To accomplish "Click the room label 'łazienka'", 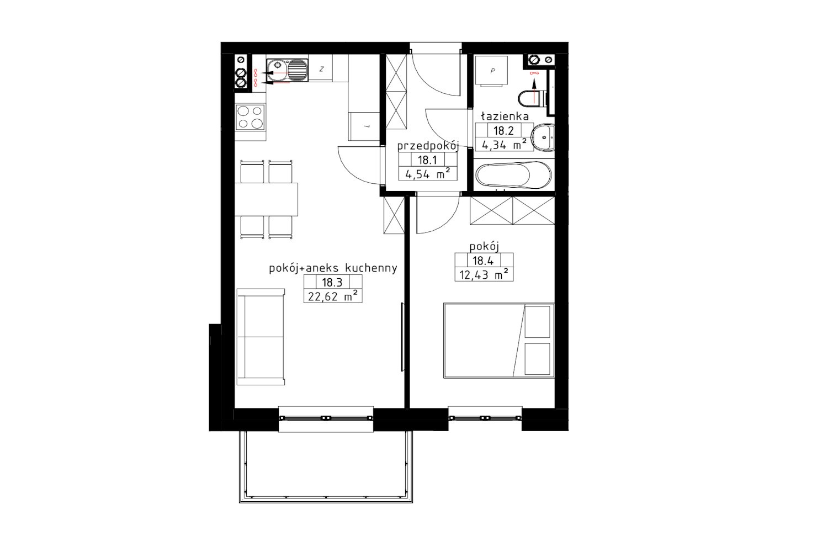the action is pyautogui.click(x=505, y=116).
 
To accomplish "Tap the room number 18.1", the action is pyautogui.click(x=427, y=160).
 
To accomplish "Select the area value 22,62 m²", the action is pyautogui.click(x=333, y=296).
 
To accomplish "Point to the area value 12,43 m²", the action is pyautogui.click(x=484, y=275).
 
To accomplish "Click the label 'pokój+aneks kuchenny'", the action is pyautogui.click(x=333, y=268).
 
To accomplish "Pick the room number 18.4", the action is pyautogui.click(x=483, y=261).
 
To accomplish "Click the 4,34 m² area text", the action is pyautogui.click(x=505, y=145).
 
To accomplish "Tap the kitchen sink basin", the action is pyautogui.click(x=287, y=70).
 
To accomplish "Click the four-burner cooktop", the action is pyautogui.click(x=250, y=117).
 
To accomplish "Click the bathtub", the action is pyautogui.click(x=514, y=175).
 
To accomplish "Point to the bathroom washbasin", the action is pyautogui.click(x=543, y=137).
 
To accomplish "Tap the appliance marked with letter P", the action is pyautogui.click(x=491, y=71).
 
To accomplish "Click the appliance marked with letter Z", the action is pyautogui.click(x=321, y=68).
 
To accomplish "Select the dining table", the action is pyautogui.click(x=267, y=199).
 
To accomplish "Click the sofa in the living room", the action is pyautogui.click(x=261, y=337).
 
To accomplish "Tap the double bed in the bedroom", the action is pyautogui.click(x=498, y=341).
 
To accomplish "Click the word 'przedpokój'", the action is pyautogui.click(x=428, y=146).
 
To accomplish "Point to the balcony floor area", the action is pyautogui.click(x=326, y=466).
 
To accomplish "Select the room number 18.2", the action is pyautogui.click(x=503, y=130).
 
